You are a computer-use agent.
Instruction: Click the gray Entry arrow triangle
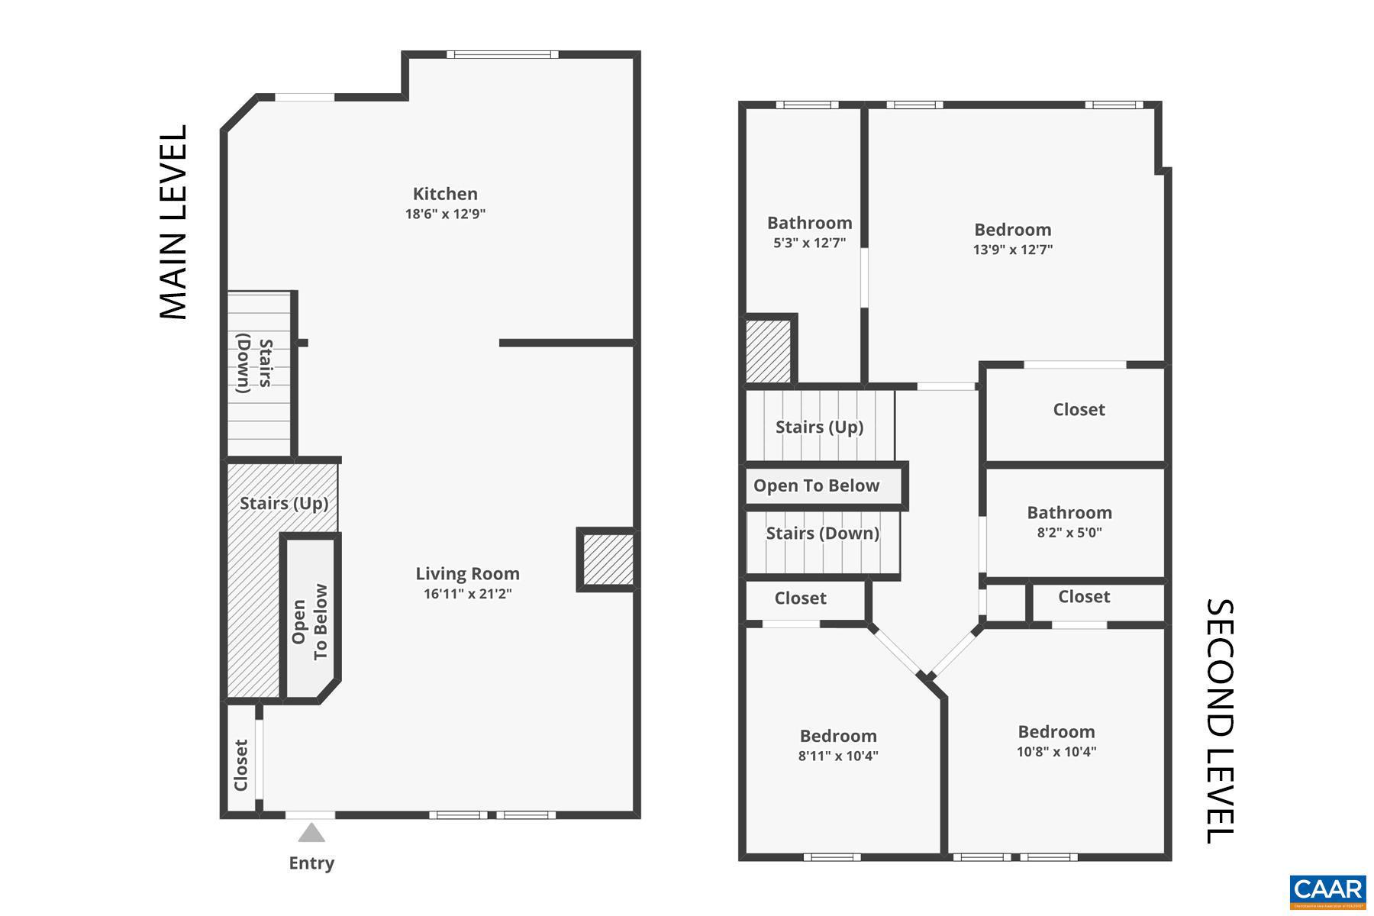click(311, 832)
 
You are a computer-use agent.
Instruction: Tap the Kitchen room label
click(445, 194)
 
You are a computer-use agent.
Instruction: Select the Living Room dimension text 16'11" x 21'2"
click(467, 594)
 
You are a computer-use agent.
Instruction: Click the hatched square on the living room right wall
click(608, 560)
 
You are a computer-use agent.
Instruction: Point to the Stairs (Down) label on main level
click(254, 365)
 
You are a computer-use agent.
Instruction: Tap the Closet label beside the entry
click(241, 765)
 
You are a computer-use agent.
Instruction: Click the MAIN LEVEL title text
click(173, 222)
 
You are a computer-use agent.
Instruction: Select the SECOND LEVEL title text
click(1219, 721)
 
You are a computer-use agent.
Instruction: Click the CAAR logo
click(1327, 891)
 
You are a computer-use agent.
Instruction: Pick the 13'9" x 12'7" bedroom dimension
click(1012, 250)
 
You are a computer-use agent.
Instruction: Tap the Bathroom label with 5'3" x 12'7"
click(809, 223)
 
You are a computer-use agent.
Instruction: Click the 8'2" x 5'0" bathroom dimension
click(1069, 533)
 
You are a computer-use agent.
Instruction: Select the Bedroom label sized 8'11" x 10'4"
click(838, 736)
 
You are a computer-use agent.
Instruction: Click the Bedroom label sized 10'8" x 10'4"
click(1056, 731)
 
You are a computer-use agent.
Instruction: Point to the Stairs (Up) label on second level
click(819, 427)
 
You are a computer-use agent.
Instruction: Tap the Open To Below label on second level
click(816, 485)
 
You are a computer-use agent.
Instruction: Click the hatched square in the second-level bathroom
click(768, 351)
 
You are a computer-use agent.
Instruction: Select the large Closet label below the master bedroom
click(1079, 410)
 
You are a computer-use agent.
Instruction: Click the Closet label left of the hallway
click(800, 598)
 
